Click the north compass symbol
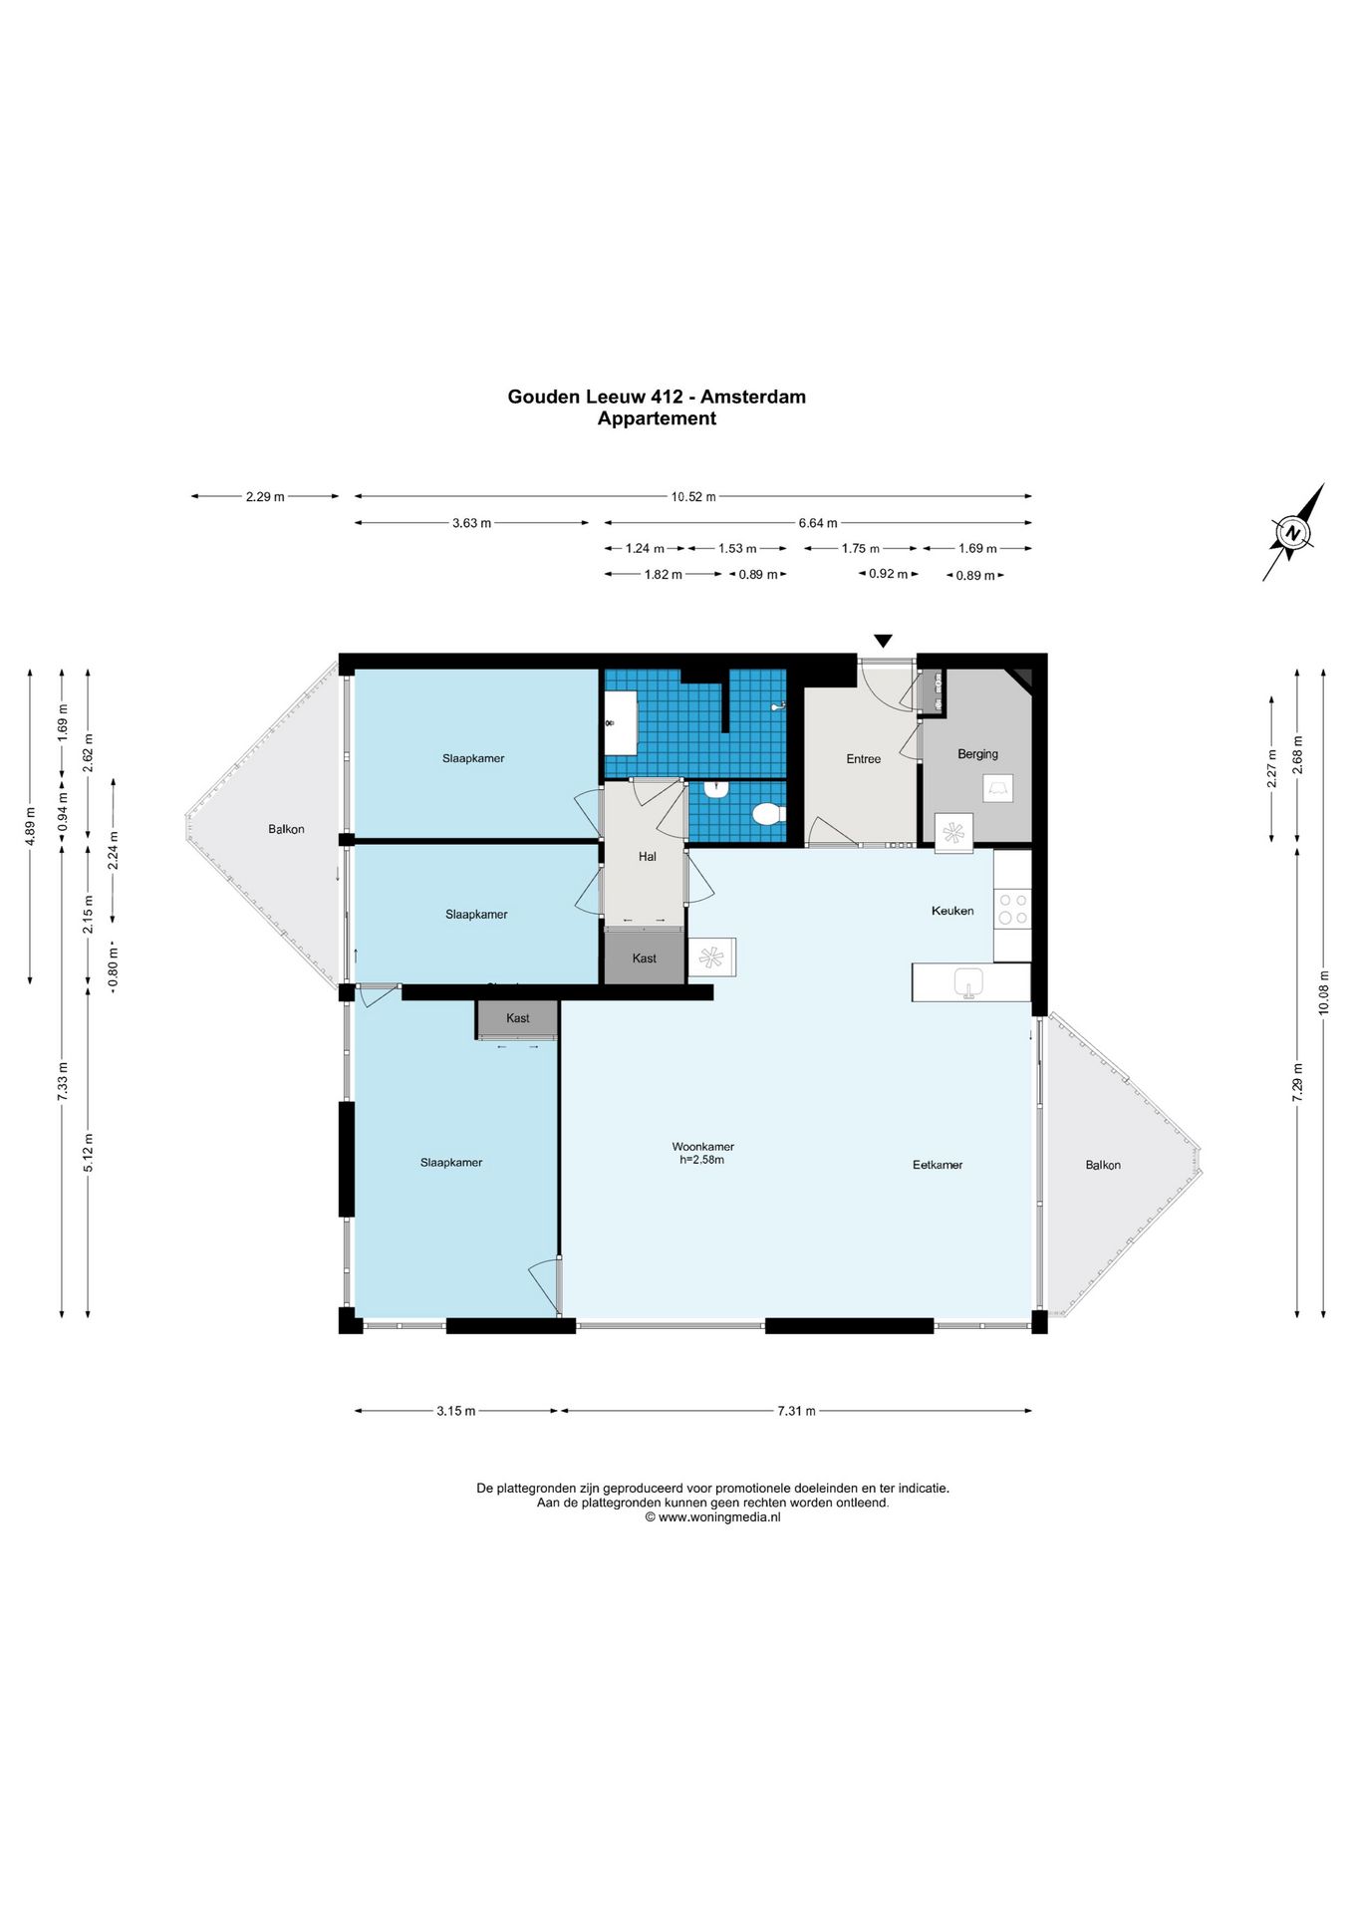point(1293,533)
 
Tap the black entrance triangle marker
point(883,641)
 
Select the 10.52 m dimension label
point(693,496)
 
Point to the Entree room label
point(864,759)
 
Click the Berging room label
point(977,754)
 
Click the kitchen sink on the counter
point(968,982)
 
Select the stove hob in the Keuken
point(1013,908)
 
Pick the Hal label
point(648,857)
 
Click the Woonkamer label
point(703,1147)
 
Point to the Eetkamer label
point(938,1165)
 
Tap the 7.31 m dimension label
point(797,1411)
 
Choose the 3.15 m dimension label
point(456,1411)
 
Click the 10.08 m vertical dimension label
point(1324,992)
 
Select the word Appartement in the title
point(657,418)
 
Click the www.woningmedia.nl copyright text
point(712,1517)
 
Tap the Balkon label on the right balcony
point(1103,1165)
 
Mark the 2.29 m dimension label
point(265,496)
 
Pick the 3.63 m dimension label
point(471,523)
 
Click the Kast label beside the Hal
point(645,958)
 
